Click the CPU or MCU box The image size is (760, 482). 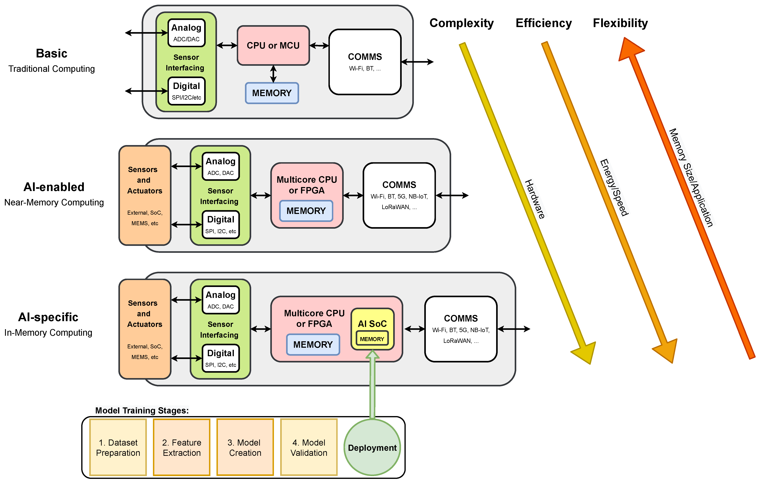pos(273,45)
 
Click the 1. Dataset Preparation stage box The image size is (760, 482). pos(118,447)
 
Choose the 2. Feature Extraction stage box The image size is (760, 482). pos(182,447)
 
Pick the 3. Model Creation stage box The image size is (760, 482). pos(245,447)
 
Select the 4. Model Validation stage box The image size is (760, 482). pos(309,447)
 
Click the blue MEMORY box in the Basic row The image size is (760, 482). pos(272,93)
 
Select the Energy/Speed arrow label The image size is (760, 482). pos(614,188)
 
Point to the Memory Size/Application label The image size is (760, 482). pos(691,178)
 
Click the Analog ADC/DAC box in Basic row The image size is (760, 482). pos(187,33)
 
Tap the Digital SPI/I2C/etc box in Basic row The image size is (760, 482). pos(187,91)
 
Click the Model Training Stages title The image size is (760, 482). pos(142,410)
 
